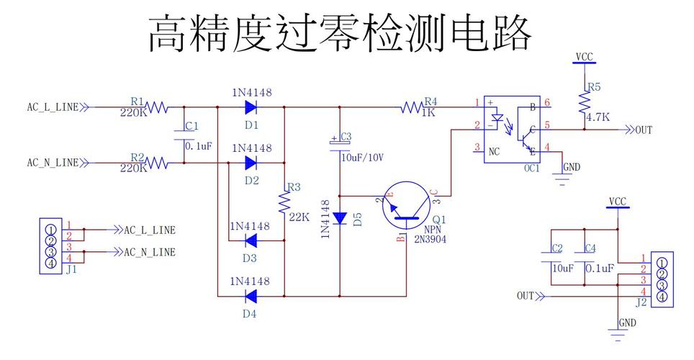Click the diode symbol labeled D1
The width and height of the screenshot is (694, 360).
[x=251, y=108]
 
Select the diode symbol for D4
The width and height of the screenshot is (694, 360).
[x=251, y=295]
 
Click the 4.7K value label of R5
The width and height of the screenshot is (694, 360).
[x=598, y=117]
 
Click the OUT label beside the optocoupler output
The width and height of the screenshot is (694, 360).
[x=642, y=130]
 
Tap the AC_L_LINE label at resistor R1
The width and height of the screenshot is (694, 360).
[x=53, y=108]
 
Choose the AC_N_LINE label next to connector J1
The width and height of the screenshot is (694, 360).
[x=149, y=252]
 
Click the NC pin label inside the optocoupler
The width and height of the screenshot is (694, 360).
[x=494, y=151]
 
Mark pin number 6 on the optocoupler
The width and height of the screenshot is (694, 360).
[x=547, y=103]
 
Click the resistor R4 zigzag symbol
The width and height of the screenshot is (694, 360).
[x=412, y=108]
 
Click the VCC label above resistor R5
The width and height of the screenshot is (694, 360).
[x=585, y=56]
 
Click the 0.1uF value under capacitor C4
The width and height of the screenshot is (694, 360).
[x=600, y=268]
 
